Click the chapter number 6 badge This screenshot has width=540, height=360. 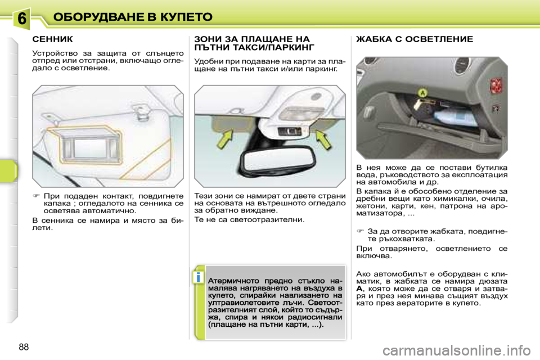point(21,19)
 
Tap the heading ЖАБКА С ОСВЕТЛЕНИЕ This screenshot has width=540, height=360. point(415,39)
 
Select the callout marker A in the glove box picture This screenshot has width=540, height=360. point(422,91)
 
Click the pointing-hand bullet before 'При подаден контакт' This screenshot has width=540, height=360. point(36,195)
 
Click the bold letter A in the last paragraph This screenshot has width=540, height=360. point(359,289)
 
